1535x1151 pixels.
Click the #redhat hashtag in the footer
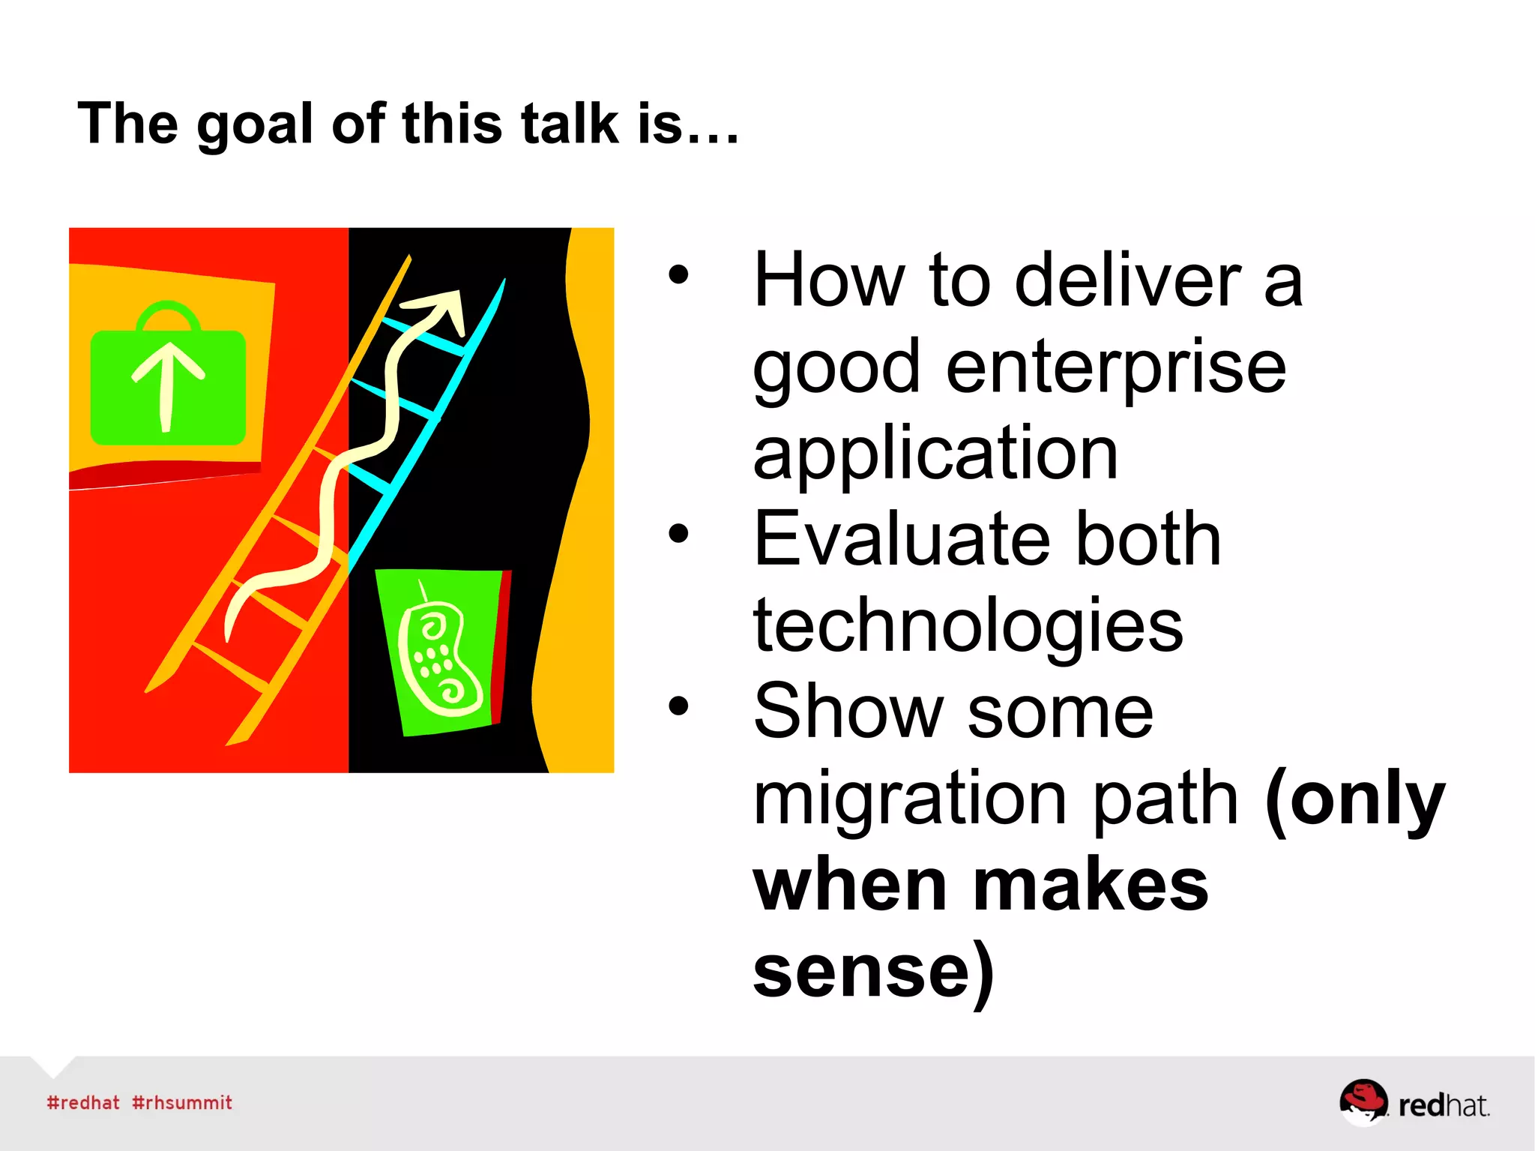pos(83,1102)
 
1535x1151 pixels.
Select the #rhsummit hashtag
pos(182,1102)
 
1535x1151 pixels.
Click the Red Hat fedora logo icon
pos(1362,1100)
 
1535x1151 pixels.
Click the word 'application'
pos(935,454)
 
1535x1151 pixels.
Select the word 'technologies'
pos(968,625)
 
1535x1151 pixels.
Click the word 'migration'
pos(910,799)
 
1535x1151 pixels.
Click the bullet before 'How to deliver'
pos(678,275)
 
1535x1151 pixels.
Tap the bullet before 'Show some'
pos(678,706)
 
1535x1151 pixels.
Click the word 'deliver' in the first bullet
pos(1127,280)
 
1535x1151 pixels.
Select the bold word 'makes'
pos(1090,886)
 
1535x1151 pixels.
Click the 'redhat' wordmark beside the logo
pos(1443,1105)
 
